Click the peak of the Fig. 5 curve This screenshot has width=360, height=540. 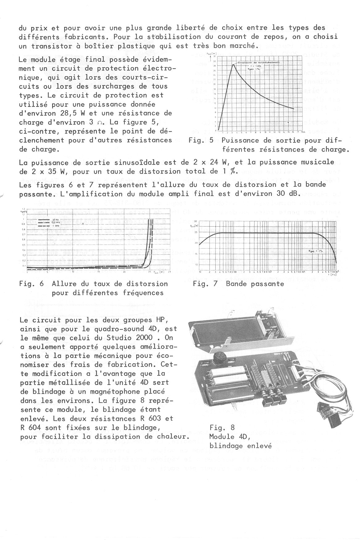pyautogui.click(x=233, y=64)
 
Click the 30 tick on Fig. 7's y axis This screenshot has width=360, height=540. pyautogui.click(x=196, y=221)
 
